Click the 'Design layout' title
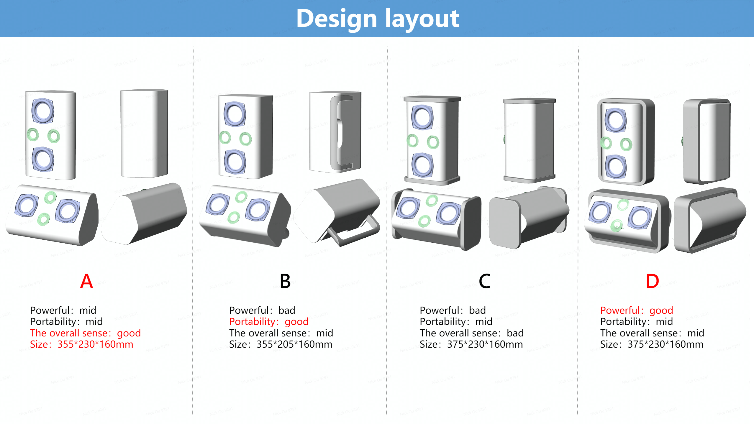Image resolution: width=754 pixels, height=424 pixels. [x=377, y=19]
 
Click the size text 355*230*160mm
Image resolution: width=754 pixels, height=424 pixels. [x=82, y=344]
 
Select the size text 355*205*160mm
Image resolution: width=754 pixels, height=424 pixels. [x=281, y=344]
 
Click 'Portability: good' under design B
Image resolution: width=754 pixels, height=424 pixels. [x=269, y=321]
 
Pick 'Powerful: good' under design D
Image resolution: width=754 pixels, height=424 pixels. [x=637, y=310]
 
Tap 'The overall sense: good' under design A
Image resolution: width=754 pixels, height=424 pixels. [x=85, y=333]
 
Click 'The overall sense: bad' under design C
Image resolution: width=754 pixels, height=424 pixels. [x=471, y=333]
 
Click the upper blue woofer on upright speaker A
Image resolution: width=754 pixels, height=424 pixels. [x=43, y=111]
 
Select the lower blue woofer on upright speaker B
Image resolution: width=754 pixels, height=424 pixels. [x=235, y=162]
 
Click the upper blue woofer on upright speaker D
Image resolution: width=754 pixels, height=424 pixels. [x=615, y=120]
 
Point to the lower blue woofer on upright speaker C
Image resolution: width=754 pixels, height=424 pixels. [x=422, y=165]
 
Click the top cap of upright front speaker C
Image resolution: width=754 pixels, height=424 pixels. [x=432, y=99]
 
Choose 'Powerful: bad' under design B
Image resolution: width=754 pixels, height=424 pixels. [x=262, y=310]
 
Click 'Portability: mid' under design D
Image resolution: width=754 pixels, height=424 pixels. [x=636, y=321]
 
